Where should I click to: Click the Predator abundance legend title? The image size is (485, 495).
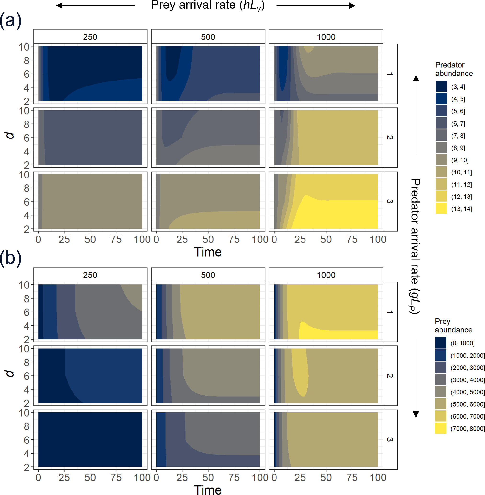point(454,69)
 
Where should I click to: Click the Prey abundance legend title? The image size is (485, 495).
point(453,326)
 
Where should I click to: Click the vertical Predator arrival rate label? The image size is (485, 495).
point(415,246)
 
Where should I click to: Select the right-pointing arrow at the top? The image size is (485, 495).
point(316,6)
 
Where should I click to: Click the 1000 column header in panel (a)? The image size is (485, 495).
point(326,37)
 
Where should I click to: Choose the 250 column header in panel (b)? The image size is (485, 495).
point(90,275)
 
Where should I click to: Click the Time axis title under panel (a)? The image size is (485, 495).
point(208,252)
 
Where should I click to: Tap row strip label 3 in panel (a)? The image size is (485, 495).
point(390,201)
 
